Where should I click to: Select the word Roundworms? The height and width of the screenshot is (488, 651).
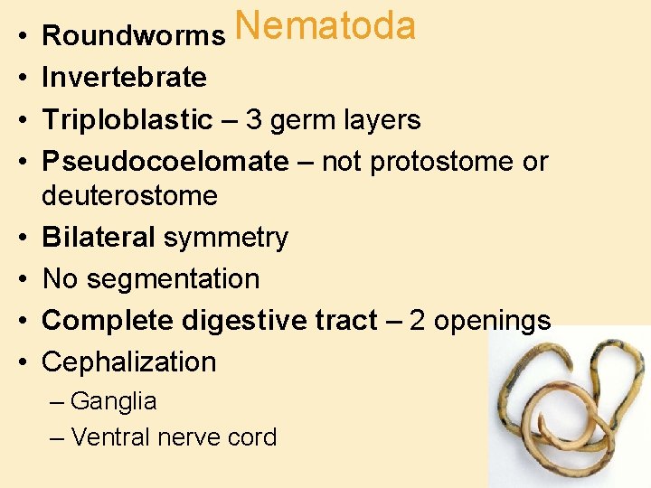[x=133, y=36]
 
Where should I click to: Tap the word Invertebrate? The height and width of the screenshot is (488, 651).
[x=124, y=78]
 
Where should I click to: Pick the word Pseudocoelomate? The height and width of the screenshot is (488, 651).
[x=165, y=161]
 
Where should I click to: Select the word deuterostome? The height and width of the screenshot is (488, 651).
[x=130, y=195]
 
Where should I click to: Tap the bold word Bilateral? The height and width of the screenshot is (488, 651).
[x=99, y=237]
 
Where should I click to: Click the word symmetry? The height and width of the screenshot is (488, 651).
[x=226, y=237]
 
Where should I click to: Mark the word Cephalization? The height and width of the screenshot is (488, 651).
[x=129, y=361]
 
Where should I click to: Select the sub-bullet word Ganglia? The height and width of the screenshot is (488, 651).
[x=113, y=401]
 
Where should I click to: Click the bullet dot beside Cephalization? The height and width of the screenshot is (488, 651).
[x=20, y=362]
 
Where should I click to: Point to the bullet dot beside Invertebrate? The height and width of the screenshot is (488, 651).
[x=20, y=79]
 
